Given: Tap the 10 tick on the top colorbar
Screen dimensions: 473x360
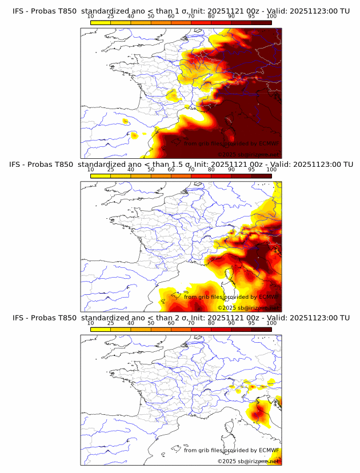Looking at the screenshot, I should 91,17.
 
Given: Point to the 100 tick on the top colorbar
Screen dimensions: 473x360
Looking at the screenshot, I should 271,17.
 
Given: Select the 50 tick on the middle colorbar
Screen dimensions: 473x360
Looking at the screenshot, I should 151,170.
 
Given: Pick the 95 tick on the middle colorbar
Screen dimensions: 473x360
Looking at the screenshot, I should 251,170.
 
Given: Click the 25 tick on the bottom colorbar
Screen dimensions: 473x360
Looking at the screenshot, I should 111,323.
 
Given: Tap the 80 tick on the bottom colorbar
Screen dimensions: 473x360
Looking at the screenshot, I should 211,323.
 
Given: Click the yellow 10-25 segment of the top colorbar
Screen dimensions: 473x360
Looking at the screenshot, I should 101,22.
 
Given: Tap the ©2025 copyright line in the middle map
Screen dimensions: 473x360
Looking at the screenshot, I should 248,307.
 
